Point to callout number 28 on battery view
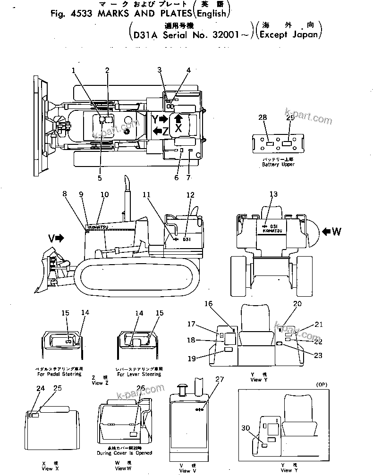pyautogui.click(x=263, y=117)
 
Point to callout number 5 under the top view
pyautogui.click(x=100, y=178)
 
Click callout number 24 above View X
pyautogui.click(x=41, y=388)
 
